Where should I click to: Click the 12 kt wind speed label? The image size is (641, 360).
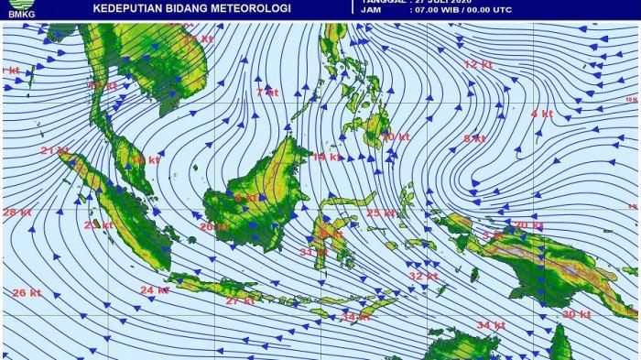(x=478, y=65)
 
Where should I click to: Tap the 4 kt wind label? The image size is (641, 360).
(x=541, y=114)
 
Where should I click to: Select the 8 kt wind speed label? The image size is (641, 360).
(x=473, y=138)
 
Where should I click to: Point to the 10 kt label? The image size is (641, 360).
(x=394, y=136)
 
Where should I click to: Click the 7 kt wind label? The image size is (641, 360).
(x=266, y=93)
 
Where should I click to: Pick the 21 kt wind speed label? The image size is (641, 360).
(x=54, y=150)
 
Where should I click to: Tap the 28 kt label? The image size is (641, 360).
(x=16, y=213)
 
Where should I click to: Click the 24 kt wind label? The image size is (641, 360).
(x=154, y=290)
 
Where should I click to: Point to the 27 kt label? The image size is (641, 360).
(x=240, y=300)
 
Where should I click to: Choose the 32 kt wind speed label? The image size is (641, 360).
(x=422, y=276)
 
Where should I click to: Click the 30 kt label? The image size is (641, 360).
(x=576, y=314)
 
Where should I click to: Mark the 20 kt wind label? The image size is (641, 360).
(x=527, y=225)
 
